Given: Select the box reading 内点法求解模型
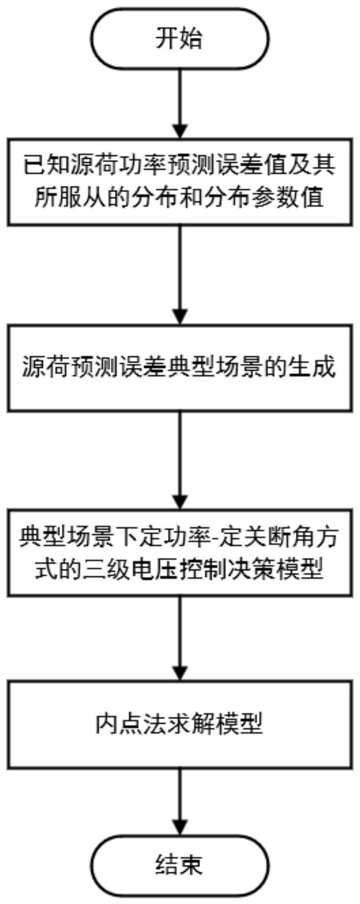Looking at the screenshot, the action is [180, 724].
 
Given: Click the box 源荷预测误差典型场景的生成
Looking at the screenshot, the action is [180, 368].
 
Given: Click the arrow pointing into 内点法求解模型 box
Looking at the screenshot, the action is [180, 637].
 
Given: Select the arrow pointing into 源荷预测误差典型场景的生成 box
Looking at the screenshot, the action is [180, 275].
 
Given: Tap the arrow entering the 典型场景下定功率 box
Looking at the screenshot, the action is [180, 461].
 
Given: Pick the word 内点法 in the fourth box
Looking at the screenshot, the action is [120, 724].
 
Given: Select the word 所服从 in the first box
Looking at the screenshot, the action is [62, 198].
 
